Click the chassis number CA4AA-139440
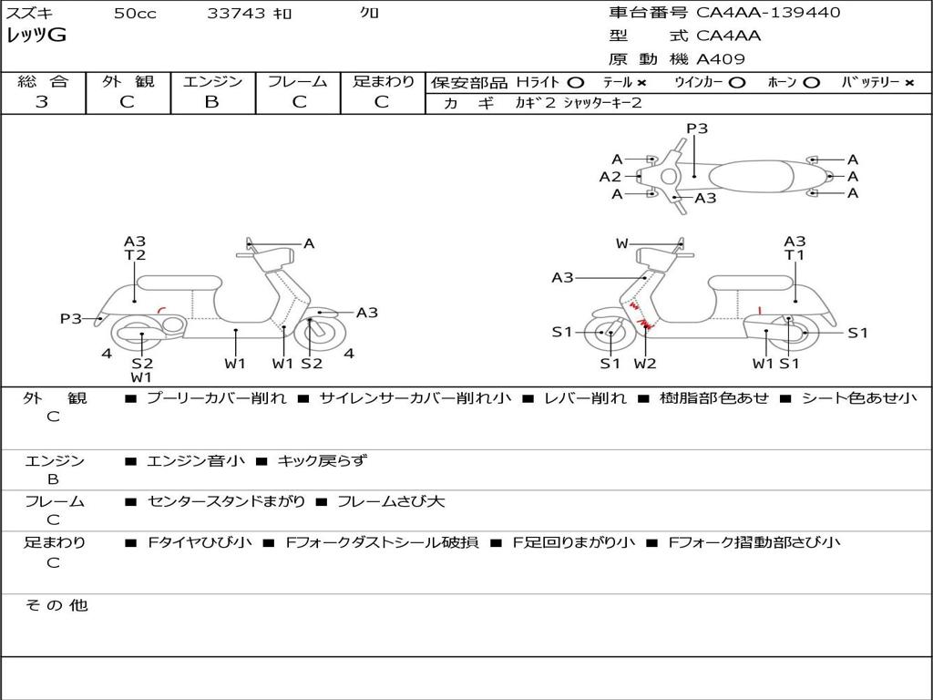pos(768,13)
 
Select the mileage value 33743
pos(236,14)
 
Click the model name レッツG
pos(36,36)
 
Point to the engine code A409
pos(721,59)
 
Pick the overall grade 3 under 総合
pos(42,102)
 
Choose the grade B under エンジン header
pos(211,102)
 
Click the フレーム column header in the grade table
pos(297,82)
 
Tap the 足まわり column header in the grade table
pos(383,82)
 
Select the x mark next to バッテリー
pos(908,83)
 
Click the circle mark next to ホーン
pos(811,83)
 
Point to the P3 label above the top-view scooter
pos(697,129)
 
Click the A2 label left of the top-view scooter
pos(610,177)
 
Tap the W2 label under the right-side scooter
pos(645,364)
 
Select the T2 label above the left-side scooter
pos(135,255)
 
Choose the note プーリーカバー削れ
pos(216,398)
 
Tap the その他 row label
pos(56,605)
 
